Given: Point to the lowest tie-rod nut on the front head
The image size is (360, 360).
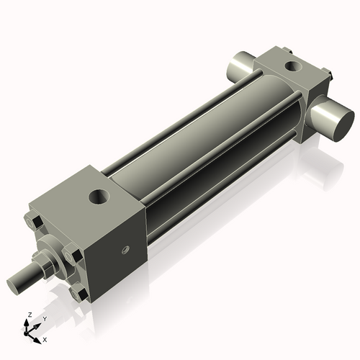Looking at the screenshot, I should point(77,293).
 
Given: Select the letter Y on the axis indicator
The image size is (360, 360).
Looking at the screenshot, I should point(44,318).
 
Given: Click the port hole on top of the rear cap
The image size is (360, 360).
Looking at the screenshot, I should point(292,67).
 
